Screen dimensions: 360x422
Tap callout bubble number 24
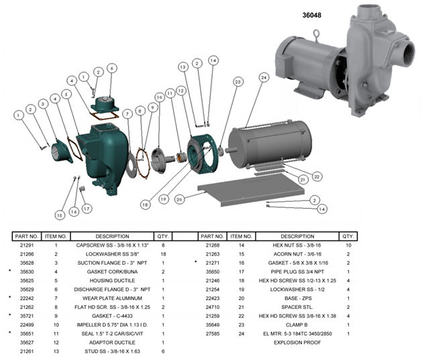[x=264, y=78]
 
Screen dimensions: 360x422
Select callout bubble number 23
[x=237, y=82]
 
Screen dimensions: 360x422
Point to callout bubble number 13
[x=182, y=66]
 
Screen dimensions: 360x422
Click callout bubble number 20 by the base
[x=180, y=199]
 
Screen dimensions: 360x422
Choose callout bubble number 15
[x=59, y=215]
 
